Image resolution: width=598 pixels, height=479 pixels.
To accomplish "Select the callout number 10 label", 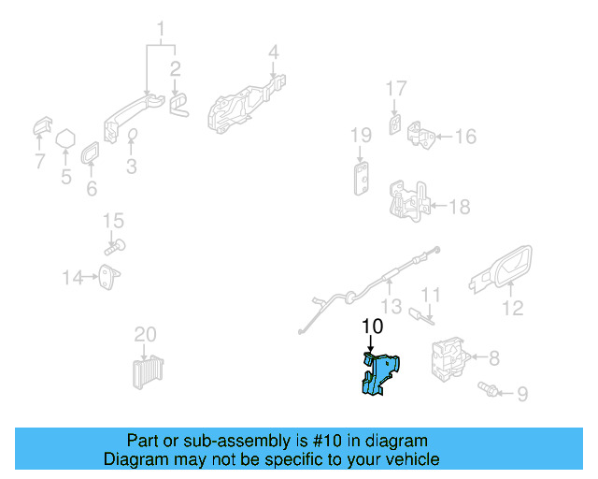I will point(372,327).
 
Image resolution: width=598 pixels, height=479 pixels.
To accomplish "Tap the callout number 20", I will point(146,334).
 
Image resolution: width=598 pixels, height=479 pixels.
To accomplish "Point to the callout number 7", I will point(39,162).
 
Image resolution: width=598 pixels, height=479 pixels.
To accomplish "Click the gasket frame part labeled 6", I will point(92,153).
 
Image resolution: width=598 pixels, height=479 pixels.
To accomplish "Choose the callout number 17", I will point(396,89).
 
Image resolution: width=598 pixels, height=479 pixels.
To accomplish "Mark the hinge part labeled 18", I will point(409,201).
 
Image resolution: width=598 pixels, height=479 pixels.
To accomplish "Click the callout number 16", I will point(464,137).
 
